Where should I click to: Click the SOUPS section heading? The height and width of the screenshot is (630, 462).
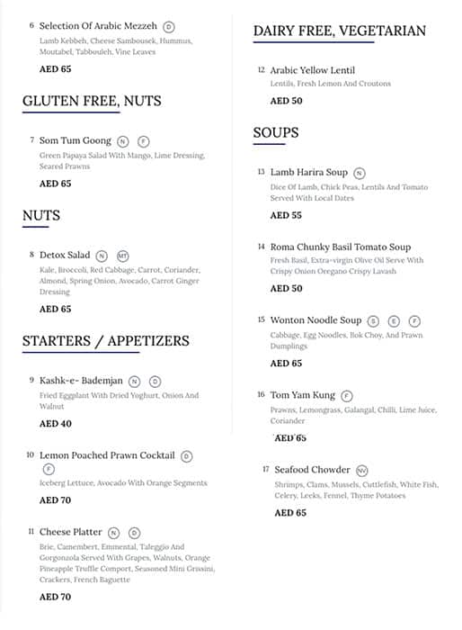[276, 132]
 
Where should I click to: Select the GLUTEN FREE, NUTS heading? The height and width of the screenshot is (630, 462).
[92, 101]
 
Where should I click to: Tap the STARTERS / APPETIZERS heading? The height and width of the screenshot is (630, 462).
[105, 340]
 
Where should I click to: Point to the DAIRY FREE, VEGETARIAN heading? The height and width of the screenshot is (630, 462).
[339, 31]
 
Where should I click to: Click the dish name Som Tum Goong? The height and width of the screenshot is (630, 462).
[76, 140]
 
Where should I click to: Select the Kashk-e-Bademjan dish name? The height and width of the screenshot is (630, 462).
[81, 381]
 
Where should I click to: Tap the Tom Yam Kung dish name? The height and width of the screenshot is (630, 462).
[302, 394]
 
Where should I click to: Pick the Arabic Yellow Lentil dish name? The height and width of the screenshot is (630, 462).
[312, 70]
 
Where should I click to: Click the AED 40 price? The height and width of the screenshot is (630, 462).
[55, 423]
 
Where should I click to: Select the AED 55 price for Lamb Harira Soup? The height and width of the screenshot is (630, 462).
[286, 215]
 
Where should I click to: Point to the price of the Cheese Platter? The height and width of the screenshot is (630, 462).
[55, 596]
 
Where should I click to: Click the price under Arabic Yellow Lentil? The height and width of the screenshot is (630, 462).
[286, 101]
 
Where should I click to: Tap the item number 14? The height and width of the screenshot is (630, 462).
[261, 247]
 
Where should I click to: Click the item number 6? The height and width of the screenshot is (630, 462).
[31, 26]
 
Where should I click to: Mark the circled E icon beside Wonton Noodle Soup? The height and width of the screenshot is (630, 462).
[395, 320]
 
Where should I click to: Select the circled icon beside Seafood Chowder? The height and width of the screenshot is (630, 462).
[361, 470]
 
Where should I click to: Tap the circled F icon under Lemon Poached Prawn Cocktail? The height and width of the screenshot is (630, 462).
[49, 469]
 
